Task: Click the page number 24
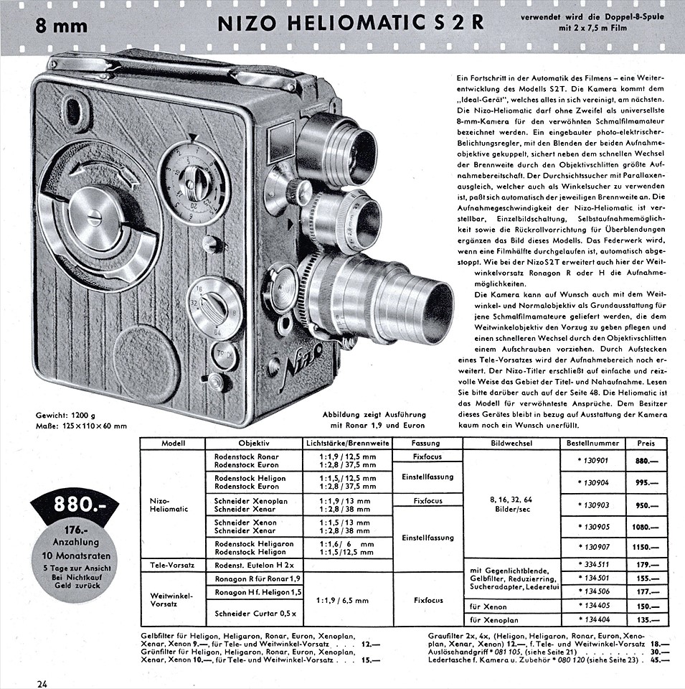(42, 683)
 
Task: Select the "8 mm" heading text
(62, 26)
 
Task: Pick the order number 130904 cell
(592, 482)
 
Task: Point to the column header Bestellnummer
(592, 444)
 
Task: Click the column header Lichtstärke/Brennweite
(348, 444)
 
